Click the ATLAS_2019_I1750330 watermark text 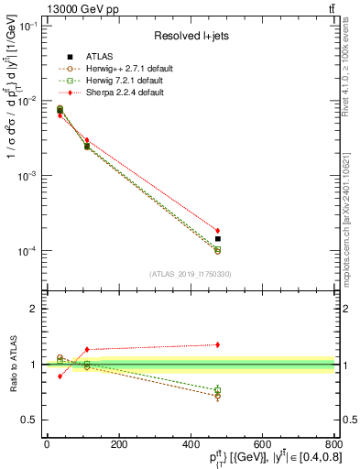click(189, 273)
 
